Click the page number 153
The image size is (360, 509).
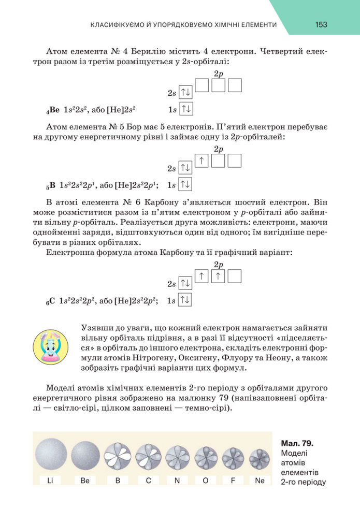pyautogui.click(x=320, y=24)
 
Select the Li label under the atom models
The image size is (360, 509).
pyautogui.click(x=50, y=481)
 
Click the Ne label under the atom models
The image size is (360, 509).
pyautogui.click(x=260, y=481)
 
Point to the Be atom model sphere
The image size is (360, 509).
pyautogui.click(x=85, y=455)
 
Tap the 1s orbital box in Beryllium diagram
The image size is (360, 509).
pyautogui.click(x=185, y=109)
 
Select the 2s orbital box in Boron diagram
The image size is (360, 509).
pyautogui.click(x=185, y=168)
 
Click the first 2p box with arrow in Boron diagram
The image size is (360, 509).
pyautogui.click(x=201, y=161)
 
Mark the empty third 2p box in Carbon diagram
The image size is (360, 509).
pyautogui.click(x=235, y=277)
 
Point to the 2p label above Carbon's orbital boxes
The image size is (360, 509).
pyautogui.click(x=219, y=265)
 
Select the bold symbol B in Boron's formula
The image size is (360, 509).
pyautogui.click(x=52, y=185)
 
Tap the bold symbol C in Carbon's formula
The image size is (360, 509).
pyautogui.click(x=52, y=300)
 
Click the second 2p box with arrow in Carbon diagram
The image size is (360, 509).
pyautogui.click(x=218, y=277)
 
